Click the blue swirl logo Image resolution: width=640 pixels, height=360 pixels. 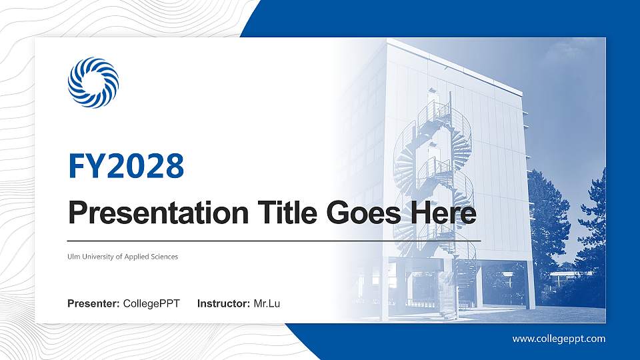[93, 83]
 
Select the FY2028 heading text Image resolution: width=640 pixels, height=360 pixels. [126, 167]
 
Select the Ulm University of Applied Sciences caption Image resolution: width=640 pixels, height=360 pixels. [123, 257]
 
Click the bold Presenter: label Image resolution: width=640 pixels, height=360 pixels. [93, 304]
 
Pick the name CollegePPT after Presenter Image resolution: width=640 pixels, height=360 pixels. [151, 304]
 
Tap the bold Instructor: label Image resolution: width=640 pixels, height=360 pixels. [224, 304]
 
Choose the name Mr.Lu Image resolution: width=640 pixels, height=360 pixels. [267, 304]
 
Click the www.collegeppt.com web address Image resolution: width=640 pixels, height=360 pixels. [559, 339]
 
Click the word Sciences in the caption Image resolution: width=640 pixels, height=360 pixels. [164, 257]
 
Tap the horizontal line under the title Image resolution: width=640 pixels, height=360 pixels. [273, 240]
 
